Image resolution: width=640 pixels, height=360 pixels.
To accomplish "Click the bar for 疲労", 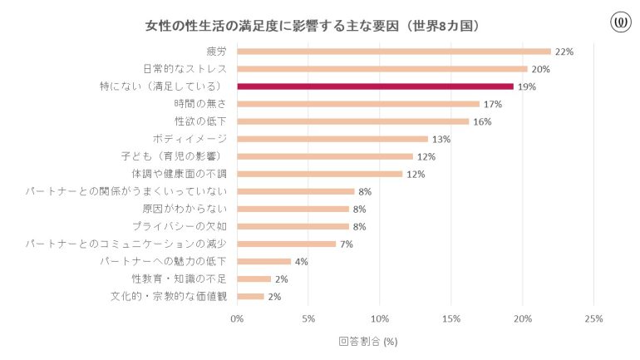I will click(x=394, y=52).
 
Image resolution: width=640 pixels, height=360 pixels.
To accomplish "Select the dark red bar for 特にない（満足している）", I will click(x=375, y=86).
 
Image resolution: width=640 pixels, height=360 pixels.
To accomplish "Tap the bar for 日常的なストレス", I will click(x=382, y=69).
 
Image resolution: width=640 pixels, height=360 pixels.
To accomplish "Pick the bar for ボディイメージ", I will click(x=332, y=139).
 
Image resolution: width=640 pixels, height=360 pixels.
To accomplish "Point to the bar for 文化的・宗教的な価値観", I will click(x=251, y=296).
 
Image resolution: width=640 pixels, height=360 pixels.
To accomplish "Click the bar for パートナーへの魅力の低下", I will click(x=264, y=261).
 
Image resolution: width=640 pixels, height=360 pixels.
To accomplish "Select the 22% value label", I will click(x=564, y=52).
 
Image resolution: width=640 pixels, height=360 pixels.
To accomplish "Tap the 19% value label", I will click(x=526, y=86).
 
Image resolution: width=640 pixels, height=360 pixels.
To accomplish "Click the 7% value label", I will click(x=347, y=244).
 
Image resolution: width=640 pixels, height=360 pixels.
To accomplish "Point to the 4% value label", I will click(x=302, y=261).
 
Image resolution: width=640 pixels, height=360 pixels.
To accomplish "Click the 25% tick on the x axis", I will click(x=593, y=318).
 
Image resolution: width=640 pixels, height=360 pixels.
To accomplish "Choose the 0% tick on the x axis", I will click(x=238, y=318).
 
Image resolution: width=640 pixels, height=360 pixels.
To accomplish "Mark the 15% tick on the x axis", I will click(x=451, y=318).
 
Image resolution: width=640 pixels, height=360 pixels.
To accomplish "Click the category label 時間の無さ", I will click(x=200, y=104).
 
